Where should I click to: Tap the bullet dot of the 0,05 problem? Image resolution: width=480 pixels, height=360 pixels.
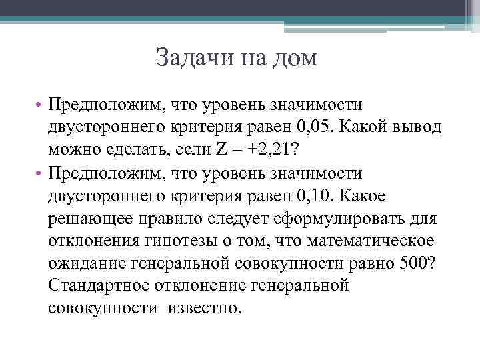(41, 105)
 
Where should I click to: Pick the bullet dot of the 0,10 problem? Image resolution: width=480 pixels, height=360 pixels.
(41, 175)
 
